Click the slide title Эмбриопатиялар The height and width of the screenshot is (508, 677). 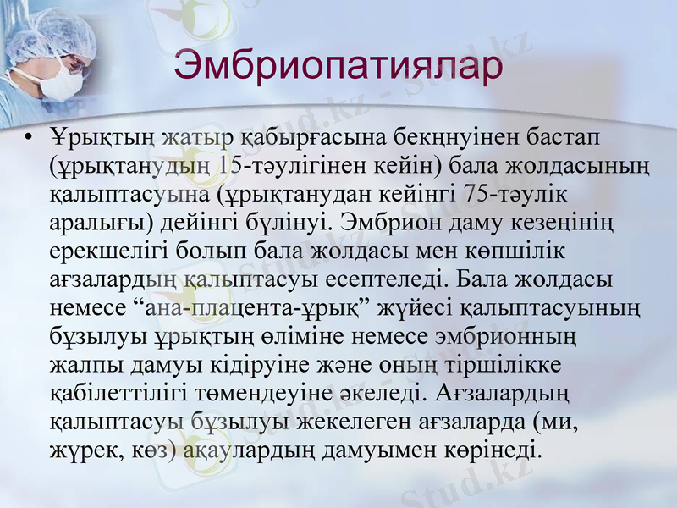tap(338, 66)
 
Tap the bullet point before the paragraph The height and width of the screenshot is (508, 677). tap(30, 136)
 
